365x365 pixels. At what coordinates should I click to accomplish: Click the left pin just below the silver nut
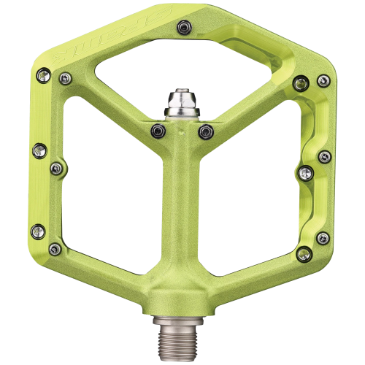[157, 131]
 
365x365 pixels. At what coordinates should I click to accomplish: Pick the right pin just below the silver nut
[205, 131]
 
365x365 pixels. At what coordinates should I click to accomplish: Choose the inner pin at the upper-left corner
[66, 78]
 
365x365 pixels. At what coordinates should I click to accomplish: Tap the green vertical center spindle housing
[182, 204]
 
